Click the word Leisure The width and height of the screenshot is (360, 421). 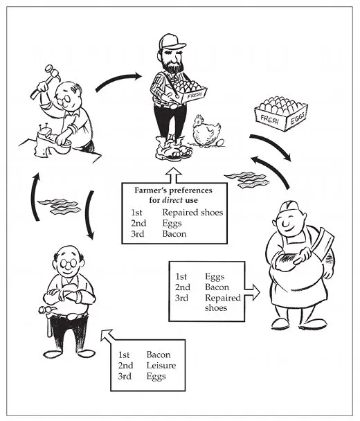click(x=161, y=366)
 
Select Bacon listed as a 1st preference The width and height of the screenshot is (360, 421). click(x=159, y=355)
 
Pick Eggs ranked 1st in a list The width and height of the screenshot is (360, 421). click(x=215, y=277)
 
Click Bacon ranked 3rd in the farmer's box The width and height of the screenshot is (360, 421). click(x=174, y=234)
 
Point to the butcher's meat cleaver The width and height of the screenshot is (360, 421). click(x=321, y=242)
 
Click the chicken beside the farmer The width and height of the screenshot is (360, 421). click(x=206, y=131)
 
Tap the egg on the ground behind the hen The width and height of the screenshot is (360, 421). click(x=220, y=143)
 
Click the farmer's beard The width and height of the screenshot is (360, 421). click(x=173, y=64)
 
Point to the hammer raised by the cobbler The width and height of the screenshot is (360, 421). click(x=46, y=81)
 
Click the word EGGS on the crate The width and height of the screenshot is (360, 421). click(x=298, y=118)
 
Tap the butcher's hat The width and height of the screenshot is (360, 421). click(x=289, y=207)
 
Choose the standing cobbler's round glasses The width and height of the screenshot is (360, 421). click(x=68, y=263)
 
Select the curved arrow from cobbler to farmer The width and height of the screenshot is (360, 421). click(x=118, y=80)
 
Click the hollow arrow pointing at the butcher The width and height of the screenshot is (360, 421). click(x=252, y=293)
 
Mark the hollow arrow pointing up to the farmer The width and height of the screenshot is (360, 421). click(x=174, y=175)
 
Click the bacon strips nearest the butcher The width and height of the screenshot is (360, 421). click(x=246, y=179)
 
